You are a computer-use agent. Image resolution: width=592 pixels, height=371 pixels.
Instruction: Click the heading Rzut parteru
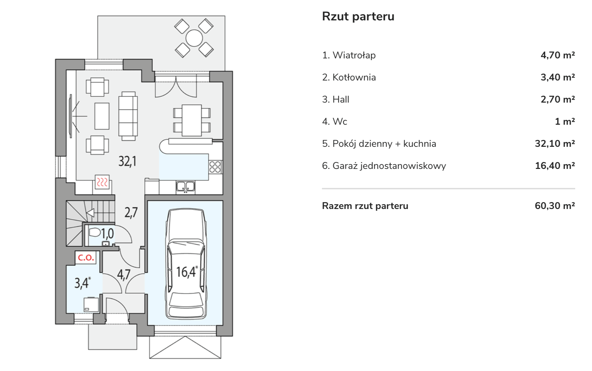point(358,17)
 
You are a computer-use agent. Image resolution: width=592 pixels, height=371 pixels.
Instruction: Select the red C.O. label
point(86,257)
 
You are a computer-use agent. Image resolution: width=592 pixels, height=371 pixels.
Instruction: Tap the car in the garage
point(186,263)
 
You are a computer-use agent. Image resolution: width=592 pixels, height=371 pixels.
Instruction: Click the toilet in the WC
point(95,232)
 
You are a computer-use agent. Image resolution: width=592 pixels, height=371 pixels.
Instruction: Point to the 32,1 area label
point(127,161)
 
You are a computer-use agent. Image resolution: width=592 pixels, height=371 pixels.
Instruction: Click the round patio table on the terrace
point(194,38)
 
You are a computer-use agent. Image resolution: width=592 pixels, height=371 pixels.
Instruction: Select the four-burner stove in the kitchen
point(215,167)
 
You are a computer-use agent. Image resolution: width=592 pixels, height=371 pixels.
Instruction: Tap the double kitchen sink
point(186,187)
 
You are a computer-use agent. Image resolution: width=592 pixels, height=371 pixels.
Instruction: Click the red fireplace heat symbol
point(102,182)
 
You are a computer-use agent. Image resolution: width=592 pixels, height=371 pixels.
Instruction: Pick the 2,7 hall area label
point(131,212)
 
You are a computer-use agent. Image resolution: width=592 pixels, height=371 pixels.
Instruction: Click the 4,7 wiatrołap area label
point(124,275)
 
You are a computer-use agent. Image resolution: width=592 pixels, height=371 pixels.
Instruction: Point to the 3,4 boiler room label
point(82,283)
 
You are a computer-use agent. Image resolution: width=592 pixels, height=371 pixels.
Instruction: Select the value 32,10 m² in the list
point(554,144)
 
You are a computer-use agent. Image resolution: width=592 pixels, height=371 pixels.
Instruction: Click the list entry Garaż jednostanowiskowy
point(389,166)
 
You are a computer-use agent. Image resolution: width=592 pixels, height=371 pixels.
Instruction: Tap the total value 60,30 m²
point(554,206)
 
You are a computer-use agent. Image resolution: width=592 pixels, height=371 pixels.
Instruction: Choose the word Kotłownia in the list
point(354,77)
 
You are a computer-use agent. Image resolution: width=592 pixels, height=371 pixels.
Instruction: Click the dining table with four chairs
point(192,120)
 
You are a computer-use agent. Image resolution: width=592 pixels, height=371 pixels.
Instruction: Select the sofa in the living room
point(128,116)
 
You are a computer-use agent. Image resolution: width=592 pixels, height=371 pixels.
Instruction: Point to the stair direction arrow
point(91,213)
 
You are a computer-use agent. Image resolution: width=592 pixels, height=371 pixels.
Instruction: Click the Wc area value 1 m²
point(564,122)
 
